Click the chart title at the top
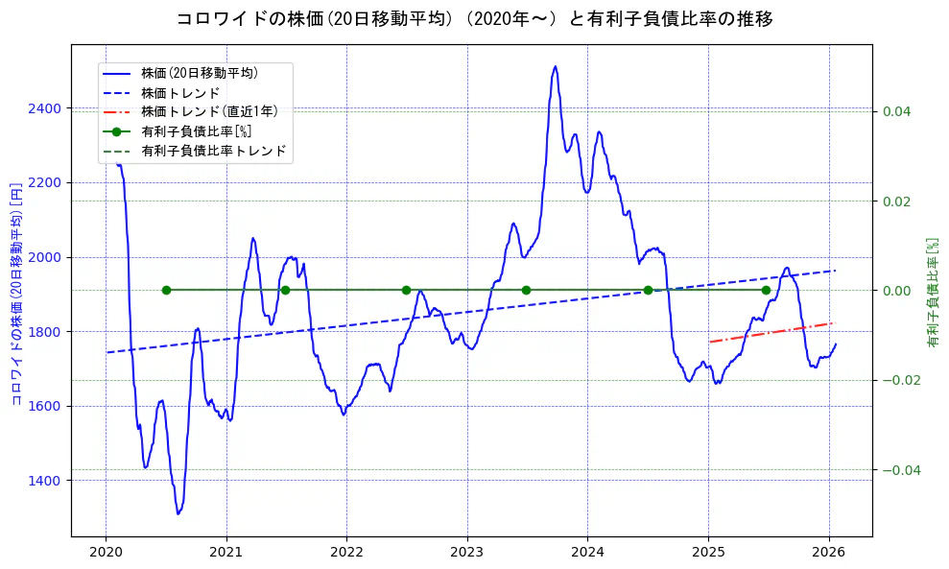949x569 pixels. pos(474,19)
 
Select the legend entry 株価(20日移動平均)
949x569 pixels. pos(199,72)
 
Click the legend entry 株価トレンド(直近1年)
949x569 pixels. pos(209,111)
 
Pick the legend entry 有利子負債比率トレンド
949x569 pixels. pos(213,151)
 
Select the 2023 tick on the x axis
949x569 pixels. pos(466,552)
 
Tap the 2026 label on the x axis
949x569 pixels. pos(828,552)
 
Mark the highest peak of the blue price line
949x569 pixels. pos(555,66)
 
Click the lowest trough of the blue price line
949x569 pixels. pos(178,513)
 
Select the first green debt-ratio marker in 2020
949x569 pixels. pos(166,290)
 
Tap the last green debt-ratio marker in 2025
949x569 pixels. pos(766,290)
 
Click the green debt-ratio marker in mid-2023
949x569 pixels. pos(526,290)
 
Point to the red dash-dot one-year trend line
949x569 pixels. pos(771,332)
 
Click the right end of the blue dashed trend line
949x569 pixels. pos(835,271)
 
